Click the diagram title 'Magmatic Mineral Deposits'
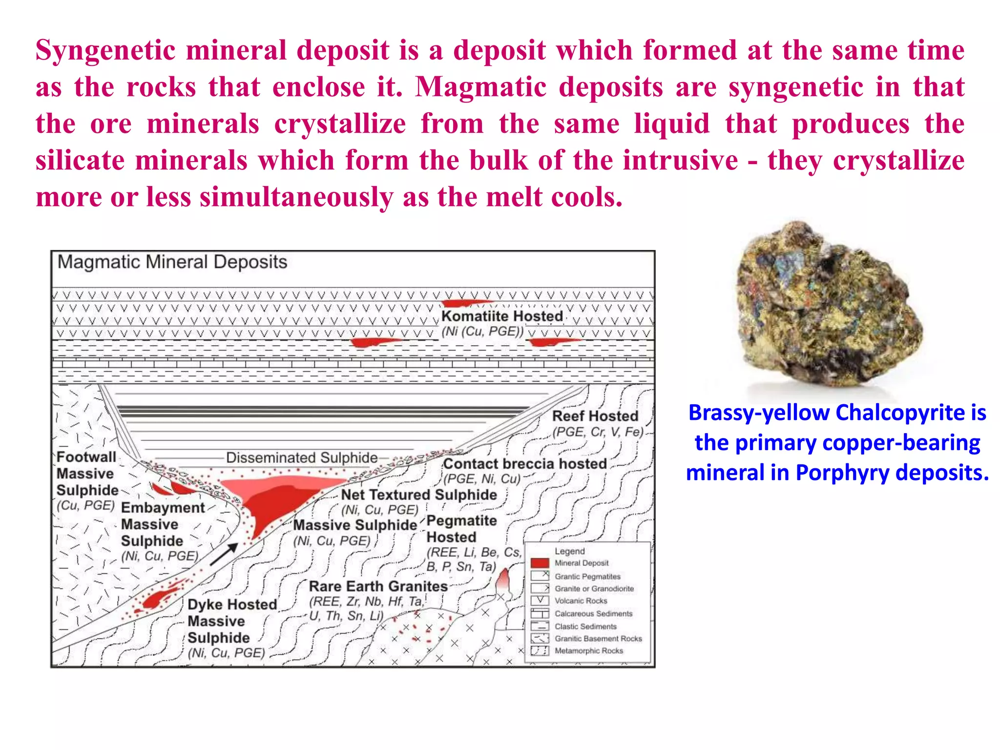pos(172,262)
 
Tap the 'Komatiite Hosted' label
pos(502,316)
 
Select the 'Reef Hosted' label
pos(595,416)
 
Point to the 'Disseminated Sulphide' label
pos(302,458)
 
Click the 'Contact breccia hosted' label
pos(524,463)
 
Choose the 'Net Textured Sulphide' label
pos(418,495)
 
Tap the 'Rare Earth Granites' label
pos(378,586)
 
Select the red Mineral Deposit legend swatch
pos(540,563)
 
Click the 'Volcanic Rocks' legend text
pos(581,601)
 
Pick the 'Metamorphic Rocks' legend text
pos(588,651)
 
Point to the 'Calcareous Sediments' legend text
pos(593,614)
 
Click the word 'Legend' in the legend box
pos(569,551)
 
